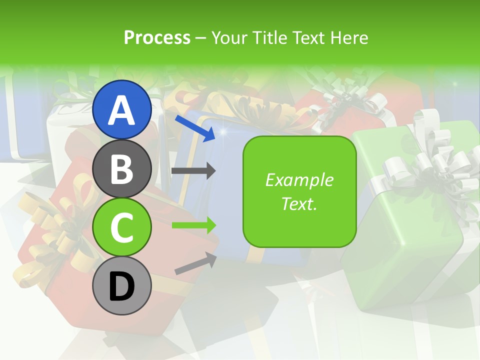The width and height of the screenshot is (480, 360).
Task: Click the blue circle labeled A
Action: (122, 109)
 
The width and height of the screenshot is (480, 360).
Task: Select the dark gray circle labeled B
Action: (122, 168)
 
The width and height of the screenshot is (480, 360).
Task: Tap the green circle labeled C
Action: (122, 227)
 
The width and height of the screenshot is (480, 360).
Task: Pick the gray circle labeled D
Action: (122, 286)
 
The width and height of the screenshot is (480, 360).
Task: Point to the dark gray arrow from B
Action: (193, 171)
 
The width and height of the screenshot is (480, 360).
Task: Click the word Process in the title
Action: (157, 37)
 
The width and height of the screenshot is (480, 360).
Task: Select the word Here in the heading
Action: (348, 37)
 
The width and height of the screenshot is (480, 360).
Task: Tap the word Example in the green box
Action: (299, 180)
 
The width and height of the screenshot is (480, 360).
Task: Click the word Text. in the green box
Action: (299, 203)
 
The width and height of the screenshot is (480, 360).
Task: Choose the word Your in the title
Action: (230, 37)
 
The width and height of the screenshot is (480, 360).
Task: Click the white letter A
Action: (122, 110)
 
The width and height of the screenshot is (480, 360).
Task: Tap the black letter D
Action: (122, 286)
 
